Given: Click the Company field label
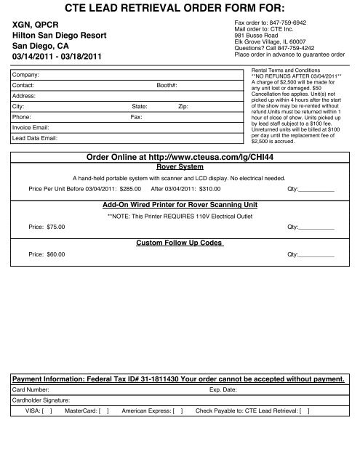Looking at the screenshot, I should [x=28, y=75].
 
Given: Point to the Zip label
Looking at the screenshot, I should [x=183, y=106].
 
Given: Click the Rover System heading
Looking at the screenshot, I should [x=180, y=166].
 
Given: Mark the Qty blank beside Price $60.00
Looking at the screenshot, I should [x=317, y=255].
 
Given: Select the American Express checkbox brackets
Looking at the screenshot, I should [x=177, y=411].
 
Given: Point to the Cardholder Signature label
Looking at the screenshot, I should [x=41, y=400].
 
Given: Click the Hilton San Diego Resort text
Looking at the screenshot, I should [x=61, y=34].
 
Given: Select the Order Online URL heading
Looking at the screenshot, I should [x=180, y=156].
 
